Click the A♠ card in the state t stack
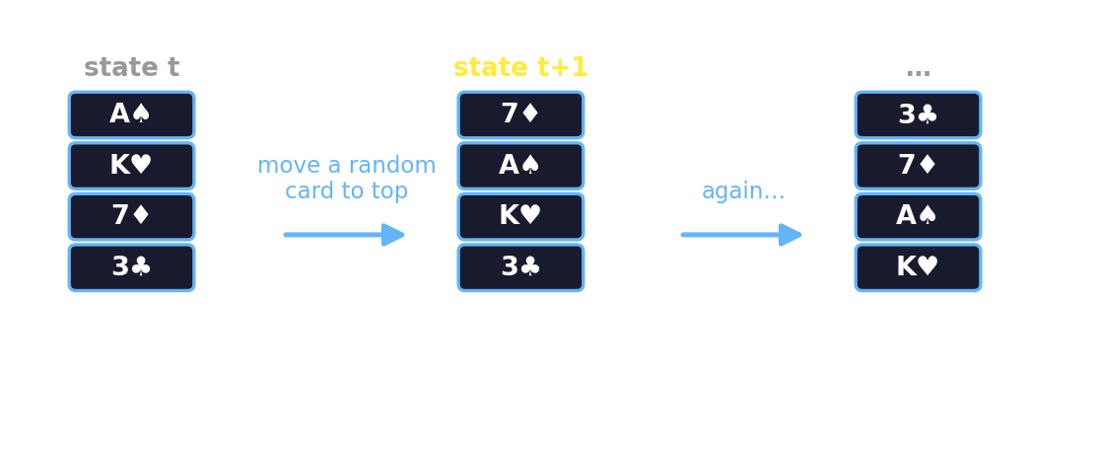tap(132, 115)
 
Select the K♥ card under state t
tap(132, 166)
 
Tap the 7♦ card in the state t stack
tap(132, 216)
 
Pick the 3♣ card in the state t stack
tap(132, 267)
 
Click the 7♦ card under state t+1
tap(521, 115)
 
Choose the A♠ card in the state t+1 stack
tap(521, 166)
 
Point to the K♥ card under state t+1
tap(521, 216)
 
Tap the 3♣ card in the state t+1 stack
tap(521, 267)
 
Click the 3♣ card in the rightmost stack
tap(918, 115)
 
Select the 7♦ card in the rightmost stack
tap(918, 166)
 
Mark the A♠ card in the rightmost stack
tap(918, 216)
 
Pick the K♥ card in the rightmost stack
tap(918, 267)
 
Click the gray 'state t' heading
tap(132, 68)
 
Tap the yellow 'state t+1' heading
tap(520, 68)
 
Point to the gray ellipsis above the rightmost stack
tap(918, 72)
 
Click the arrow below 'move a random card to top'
tap(344, 234)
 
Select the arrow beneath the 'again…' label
tap(741, 234)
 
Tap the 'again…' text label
tap(743, 191)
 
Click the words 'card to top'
tap(347, 191)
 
